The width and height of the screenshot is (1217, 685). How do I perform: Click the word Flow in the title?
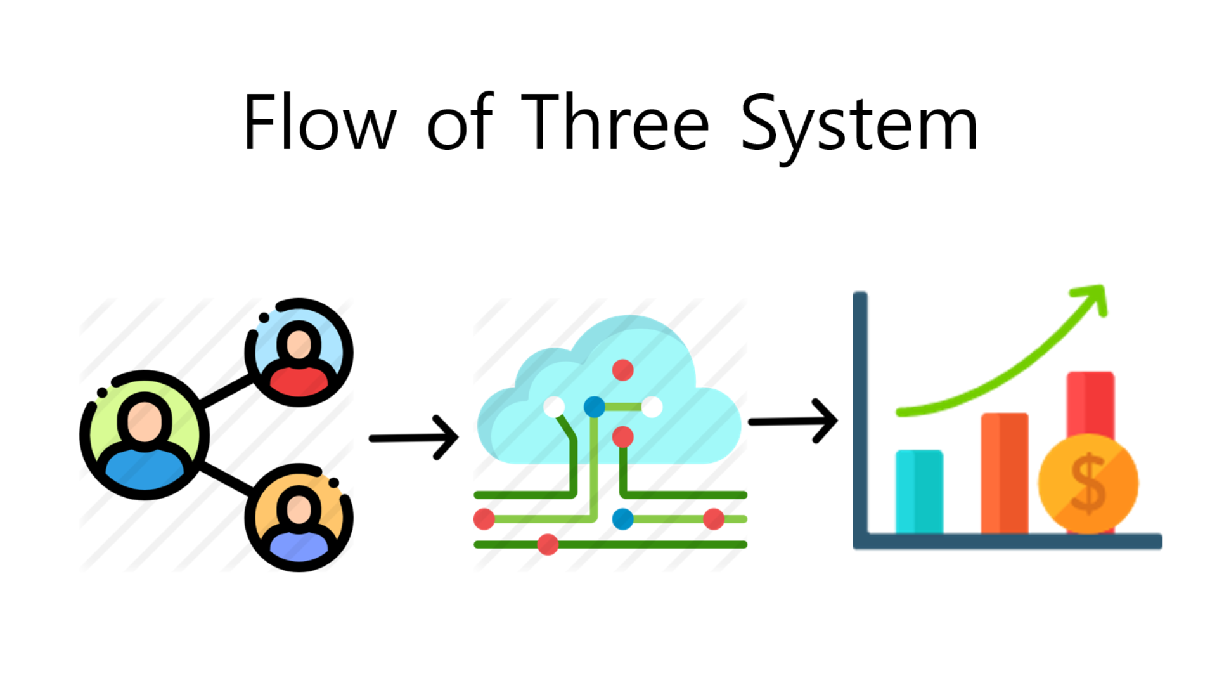coord(319,122)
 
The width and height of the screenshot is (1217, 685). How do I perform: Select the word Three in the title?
coord(614,122)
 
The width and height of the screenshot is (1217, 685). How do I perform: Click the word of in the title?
coord(460,122)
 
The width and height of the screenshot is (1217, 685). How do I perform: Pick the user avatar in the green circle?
coord(145,435)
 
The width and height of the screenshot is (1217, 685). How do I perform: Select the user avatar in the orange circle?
coord(299,518)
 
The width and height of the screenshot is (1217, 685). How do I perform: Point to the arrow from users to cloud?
coord(413,438)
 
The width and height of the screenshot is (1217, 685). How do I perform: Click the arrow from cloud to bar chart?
coord(792,421)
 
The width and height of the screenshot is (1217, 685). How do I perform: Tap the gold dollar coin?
coord(1088,484)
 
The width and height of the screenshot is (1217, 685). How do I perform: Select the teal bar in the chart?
coord(919,491)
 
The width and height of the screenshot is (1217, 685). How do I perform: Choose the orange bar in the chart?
coord(1004,473)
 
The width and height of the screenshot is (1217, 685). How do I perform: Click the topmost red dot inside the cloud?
coord(622,370)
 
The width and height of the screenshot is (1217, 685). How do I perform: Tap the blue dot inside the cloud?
coord(594,407)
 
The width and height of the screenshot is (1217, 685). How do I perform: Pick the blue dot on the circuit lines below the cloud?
coord(622,519)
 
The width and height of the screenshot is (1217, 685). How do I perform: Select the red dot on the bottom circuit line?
coord(548,544)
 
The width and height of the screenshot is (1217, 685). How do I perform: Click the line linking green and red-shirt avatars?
coord(227,391)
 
